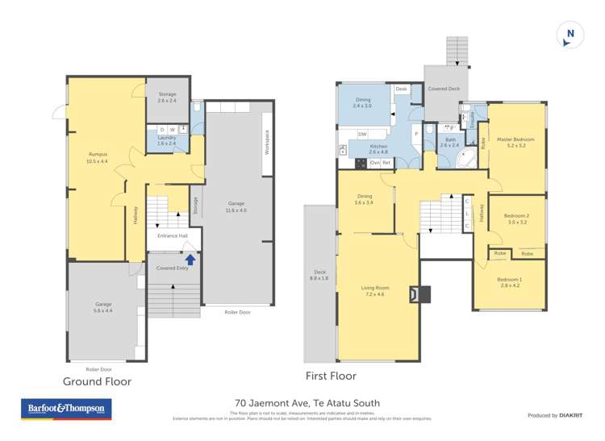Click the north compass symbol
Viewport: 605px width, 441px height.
570,34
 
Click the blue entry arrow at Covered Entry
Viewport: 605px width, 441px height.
190,260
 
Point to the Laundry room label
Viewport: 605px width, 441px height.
167,138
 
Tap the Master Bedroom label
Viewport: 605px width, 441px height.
516,139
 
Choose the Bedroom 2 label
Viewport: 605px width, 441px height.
516,216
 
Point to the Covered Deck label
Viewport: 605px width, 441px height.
443,89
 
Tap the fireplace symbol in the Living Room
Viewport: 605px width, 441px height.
419,295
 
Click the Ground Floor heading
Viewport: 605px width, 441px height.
98,381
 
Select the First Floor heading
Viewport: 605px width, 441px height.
330,376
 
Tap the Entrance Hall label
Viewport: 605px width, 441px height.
172,235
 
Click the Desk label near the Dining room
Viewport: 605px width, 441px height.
401,89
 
